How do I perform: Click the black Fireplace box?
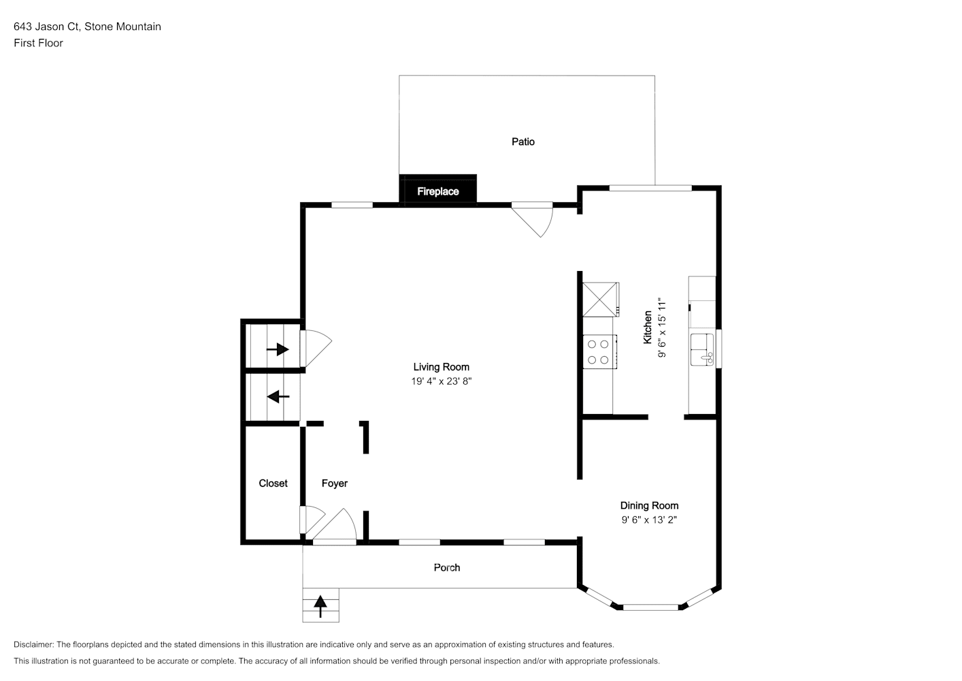(437, 191)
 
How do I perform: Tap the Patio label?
(523, 142)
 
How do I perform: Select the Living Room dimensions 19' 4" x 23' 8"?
(441, 381)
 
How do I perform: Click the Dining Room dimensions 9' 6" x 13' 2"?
(649, 520)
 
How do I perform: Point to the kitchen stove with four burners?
(599, 351)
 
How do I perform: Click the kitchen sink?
(702, 349)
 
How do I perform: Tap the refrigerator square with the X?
(600, 299)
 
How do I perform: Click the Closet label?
(273, 484)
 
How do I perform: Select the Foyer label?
(335, 484)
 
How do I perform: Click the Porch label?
(446, 567)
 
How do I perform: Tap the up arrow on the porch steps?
(320, 606)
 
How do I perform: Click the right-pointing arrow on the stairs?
(278, 349)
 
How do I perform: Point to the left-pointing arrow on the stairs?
(278, 396)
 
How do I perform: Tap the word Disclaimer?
(33, 644)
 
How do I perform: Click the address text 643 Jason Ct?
(46, 27)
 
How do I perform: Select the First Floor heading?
(38, 43)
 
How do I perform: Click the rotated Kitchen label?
(648, 327)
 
